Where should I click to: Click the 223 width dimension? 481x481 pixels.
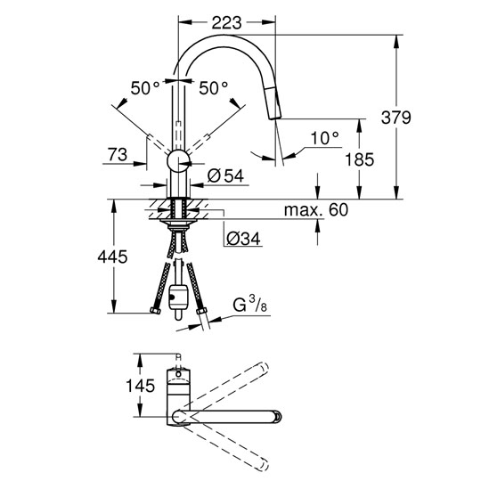click(x=227, y=23)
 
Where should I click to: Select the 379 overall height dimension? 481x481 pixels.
click(x=395, y=118)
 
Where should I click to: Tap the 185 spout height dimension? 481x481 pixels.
click(x=360, y=159)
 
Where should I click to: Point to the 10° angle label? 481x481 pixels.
click(x=325, y=138)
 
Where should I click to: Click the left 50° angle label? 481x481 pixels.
click(x=145, y=88)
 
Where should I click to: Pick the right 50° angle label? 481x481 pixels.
click(x=214, y=88)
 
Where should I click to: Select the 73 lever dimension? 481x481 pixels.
click(x=118, y=154)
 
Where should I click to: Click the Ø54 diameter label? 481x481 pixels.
click(x=225, y=176)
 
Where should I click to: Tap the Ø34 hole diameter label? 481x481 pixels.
click(x=243, y=239)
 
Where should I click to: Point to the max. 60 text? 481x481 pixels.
click(x=316, y=210)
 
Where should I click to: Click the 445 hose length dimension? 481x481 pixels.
click(x=112, y=257)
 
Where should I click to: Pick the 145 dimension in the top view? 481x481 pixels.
click(x=140, y=386)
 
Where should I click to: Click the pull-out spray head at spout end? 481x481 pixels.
click(x=274, y=103)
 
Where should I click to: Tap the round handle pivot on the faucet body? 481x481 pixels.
click(x=178, y=161)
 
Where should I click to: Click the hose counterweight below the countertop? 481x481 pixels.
click(x=178, y=298)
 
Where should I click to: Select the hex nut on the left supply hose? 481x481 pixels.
click(x=156, y=311)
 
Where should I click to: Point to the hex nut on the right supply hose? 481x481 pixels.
click(x=201, y=312)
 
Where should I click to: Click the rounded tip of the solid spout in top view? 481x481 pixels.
click(x=277, y=417)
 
